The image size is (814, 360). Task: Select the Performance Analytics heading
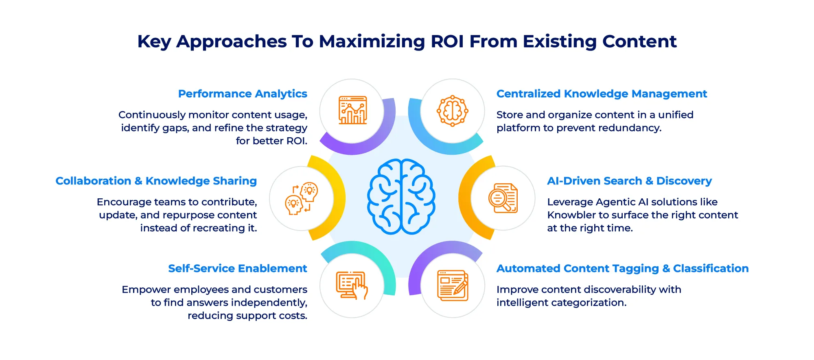tap(243, 94)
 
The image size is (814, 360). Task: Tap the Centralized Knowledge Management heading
tap(602, 94)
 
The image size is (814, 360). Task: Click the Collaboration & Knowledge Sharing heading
tap(156, 181)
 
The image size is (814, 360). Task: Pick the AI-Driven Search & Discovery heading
tap(629, 181)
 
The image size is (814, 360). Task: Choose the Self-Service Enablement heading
tap(238, 268)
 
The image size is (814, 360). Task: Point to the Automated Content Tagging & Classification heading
tap(622, 268)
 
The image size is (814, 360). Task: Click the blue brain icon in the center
tap(401, 196)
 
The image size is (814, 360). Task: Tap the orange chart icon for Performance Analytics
tap(352, 110)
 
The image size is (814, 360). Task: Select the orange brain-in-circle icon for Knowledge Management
tap(452, 111)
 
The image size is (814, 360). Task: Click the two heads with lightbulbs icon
tap(302, 198)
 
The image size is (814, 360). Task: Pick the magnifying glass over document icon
tap(503, 198)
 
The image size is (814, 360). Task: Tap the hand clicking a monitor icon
tap(352, 285)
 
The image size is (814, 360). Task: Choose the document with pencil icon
tap(452, 285)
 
